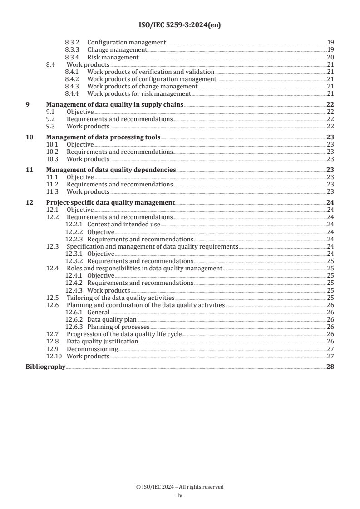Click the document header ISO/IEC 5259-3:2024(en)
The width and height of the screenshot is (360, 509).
179,25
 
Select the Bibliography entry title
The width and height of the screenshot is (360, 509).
45,367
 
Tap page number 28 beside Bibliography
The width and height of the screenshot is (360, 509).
330,367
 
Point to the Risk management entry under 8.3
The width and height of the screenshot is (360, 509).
113,57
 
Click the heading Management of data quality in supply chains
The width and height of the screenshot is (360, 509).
115,105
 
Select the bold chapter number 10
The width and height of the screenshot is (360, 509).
29,137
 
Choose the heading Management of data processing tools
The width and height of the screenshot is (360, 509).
104,137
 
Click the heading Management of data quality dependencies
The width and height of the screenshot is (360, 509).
111,170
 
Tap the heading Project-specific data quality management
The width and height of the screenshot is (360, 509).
110,203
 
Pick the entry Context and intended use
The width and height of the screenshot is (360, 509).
123,225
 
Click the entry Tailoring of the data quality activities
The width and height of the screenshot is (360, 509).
120,298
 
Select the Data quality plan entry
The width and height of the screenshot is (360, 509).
112,319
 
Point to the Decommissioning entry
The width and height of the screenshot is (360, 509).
92,349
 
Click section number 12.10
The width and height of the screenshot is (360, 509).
54,356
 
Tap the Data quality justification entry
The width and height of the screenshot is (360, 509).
102,341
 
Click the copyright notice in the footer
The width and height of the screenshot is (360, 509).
180,487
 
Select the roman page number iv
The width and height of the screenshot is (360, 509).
180,495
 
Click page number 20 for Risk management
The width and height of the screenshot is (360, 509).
330,57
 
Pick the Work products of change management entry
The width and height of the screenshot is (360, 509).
142,86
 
